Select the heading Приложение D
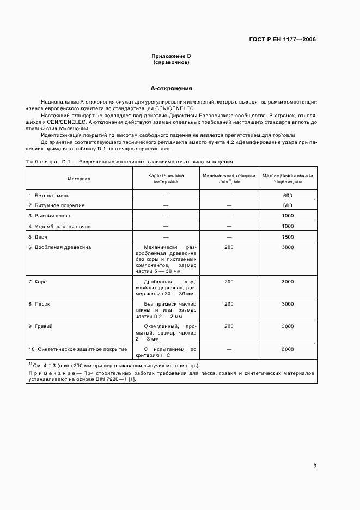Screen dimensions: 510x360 click(x=171, y=57)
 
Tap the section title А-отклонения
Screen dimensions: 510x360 click(x=171, y=88)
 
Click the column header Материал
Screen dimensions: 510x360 click(x=79, y=179)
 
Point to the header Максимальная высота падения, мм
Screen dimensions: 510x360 click(x=288, y=179)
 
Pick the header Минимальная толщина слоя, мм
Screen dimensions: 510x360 click(x=229, y=179)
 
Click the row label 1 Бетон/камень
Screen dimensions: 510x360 click(x=49, y=195)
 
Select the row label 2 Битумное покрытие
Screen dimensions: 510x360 click(x=56, y=205)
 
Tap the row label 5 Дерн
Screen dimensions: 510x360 click(x=40, y=236)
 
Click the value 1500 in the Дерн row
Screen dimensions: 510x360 click(x=288, y=236)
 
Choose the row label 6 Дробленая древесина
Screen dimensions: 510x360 click(x=59, y=247)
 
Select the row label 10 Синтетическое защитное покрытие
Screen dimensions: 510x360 click(x=77, y=349)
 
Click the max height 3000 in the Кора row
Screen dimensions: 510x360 click(x=288, y=281)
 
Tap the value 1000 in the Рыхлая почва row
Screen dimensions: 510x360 click(x=288, y=216)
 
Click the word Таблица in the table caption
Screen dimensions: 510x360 click(x=42, y=162)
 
